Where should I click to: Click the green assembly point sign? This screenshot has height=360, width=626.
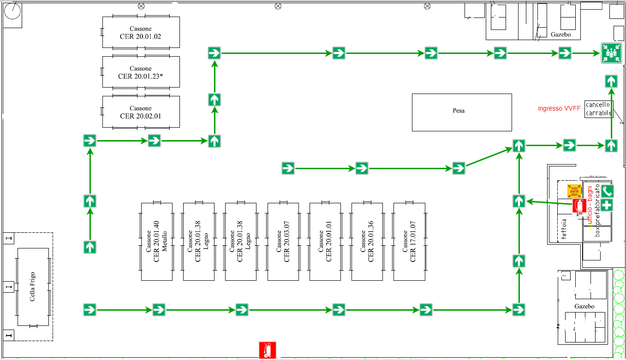coord(611,53)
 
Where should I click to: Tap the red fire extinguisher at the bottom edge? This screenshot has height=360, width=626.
coord(267,350)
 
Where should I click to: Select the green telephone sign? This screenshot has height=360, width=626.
coord(607,191)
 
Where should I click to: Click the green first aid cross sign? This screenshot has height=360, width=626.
coord(607,205)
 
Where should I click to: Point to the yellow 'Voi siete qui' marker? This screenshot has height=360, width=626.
coord(574,190)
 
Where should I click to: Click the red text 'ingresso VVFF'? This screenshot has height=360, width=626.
coord(559,109)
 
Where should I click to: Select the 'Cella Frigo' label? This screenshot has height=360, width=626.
coord(33,287)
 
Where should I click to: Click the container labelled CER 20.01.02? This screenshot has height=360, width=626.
coord(141,32)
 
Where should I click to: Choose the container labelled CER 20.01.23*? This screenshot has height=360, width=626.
coord(141,72)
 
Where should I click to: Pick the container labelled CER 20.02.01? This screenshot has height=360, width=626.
coord(141,112)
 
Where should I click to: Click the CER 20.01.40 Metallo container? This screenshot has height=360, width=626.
coord(157,241)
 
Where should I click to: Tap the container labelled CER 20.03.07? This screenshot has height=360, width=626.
coord(283,241)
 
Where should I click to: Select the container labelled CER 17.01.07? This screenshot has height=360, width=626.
coord(409,241)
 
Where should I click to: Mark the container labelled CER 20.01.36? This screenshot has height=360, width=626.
coord(367,241)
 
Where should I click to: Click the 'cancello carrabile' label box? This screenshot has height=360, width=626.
coord(599,109)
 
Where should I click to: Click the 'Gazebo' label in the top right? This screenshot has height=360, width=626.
coord(561,34)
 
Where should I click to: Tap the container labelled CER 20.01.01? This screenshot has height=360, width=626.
coord(325,241)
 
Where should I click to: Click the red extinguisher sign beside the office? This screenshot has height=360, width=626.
coord(579,207)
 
